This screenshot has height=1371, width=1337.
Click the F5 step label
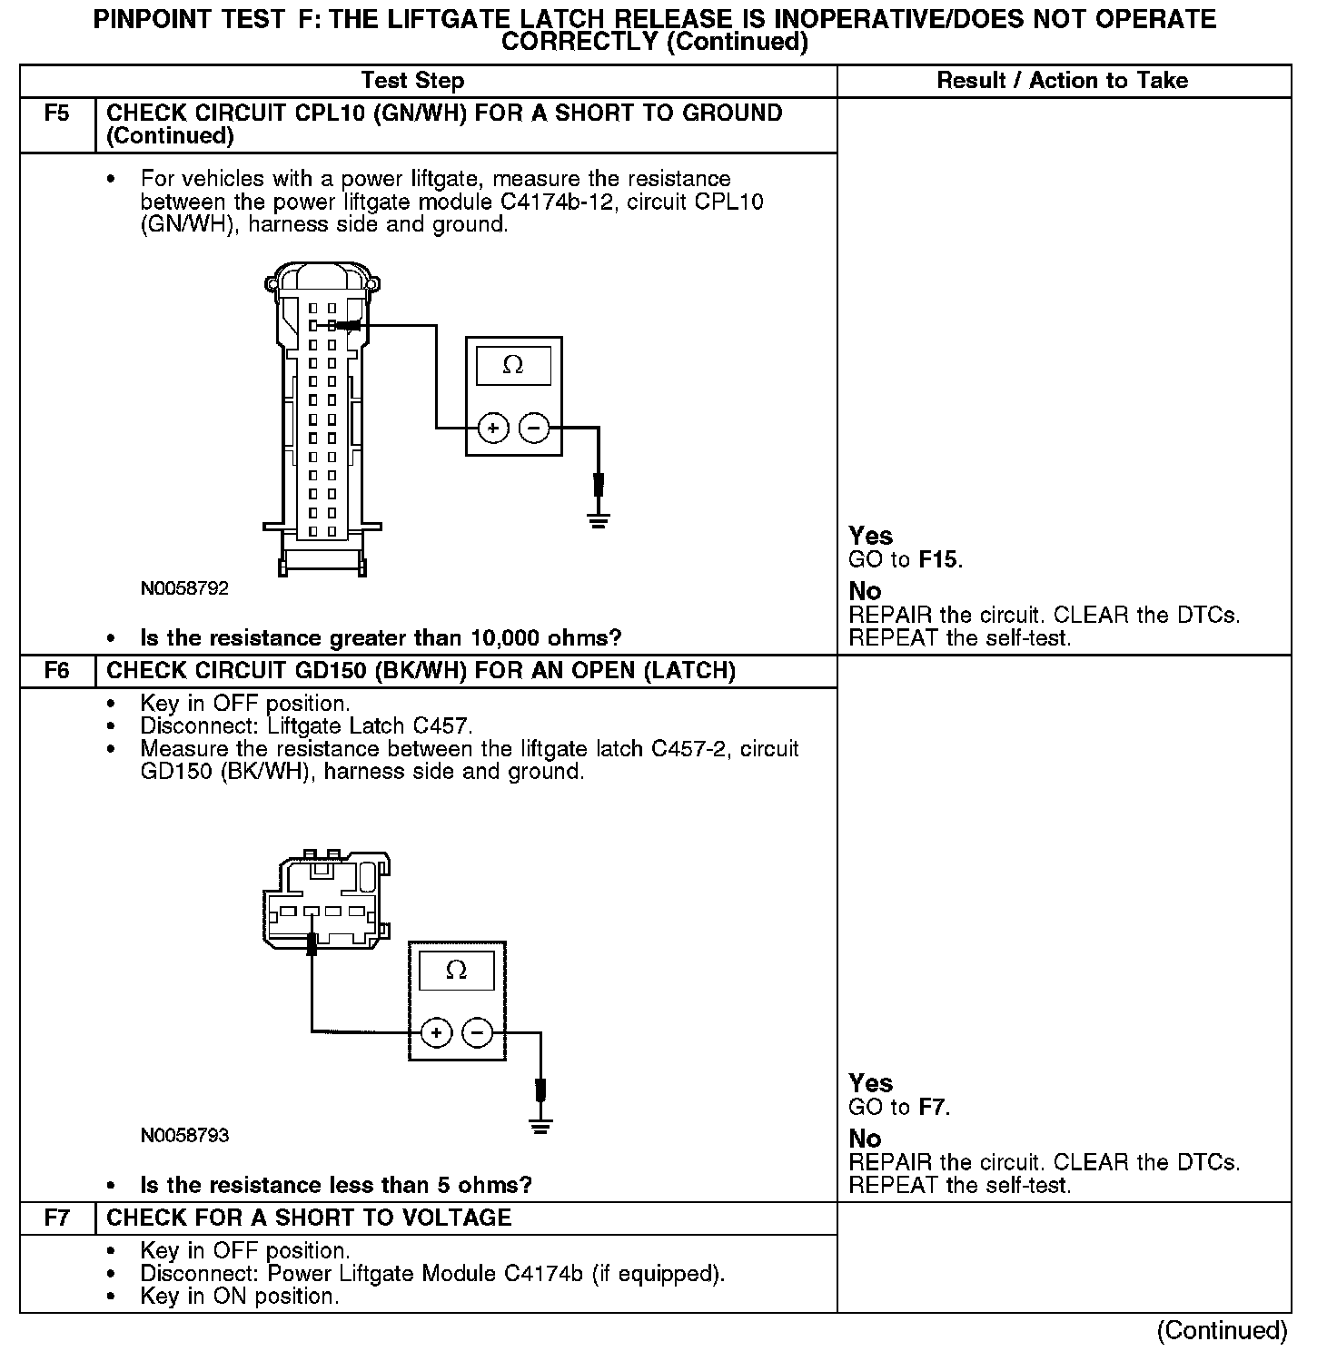tap(56, 114)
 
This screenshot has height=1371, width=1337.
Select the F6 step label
tap(56, 672)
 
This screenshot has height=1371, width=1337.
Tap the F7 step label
tap(56, 1218)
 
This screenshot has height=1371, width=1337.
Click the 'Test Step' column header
tap(412, 81)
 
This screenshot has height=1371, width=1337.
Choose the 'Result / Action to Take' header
tap(1062, 81)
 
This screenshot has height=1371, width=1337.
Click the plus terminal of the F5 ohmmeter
tap(492, 428)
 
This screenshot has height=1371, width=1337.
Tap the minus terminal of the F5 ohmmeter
tap(534, 428)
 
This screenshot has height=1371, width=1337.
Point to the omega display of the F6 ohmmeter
tap(457, 971)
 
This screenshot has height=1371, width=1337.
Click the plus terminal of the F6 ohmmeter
tap(436, 1032)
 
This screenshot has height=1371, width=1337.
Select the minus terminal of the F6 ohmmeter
tap(478, 1032)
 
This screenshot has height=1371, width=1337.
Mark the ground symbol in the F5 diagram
tap(598, 520)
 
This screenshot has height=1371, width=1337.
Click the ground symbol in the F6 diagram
tap(540, 1127)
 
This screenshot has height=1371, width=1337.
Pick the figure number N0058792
tap(184, 588)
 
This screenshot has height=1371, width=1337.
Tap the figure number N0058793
tap(184, 1136)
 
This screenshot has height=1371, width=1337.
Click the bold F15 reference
tap(938, 560)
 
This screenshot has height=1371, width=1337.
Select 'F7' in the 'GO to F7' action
tap(933, 1108)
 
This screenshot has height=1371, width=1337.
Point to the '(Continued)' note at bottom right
tap(1222, 1331)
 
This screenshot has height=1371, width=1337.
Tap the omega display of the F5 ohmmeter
tap(513, 365)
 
